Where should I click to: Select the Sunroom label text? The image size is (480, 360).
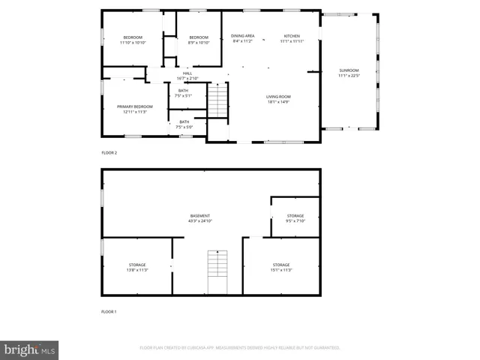[x=349, y=73]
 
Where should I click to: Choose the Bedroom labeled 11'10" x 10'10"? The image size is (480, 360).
[x=133, y=40]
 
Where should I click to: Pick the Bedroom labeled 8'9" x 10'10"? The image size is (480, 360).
[x=199, y=40]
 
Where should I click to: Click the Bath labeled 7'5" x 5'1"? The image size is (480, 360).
[x=184, y=93]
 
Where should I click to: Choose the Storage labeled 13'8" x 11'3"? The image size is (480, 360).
[x=137, y=267]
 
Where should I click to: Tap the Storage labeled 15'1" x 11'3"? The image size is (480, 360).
[x=281, y=267]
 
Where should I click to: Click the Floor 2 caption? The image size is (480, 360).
[x=109, y=152]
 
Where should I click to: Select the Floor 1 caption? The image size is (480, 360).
[x=109, y=311]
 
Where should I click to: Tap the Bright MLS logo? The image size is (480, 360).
[x=30, y=349]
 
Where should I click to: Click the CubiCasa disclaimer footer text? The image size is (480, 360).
[x=240, y=348]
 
